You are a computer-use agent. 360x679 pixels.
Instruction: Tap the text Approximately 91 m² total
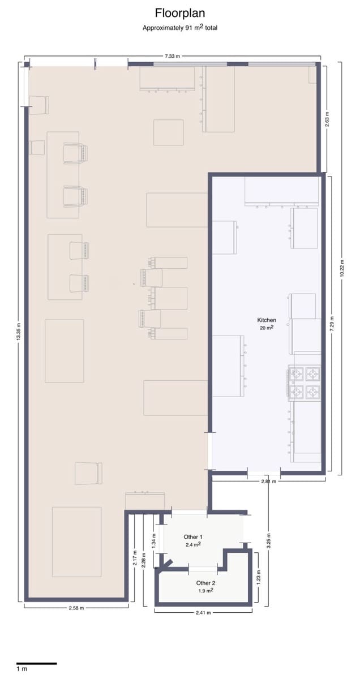pyautogui.click(x=179, y=27)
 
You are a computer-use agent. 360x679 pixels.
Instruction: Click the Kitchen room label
pyautogui.click(x=266, y=320)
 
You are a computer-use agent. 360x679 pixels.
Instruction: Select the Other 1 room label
pyautogui.click(x=193, y=536)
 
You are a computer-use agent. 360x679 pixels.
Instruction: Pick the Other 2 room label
pyautogui.click(x=205, y=583)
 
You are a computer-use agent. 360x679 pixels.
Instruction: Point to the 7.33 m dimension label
pyautogui.click(x=173, y=57)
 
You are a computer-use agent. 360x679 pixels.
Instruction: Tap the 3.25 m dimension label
pyautogui.click(x=268, y=541)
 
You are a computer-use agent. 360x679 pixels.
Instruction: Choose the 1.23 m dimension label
pyautogui.click(x=259, y=578)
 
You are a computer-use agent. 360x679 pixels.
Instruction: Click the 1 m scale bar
pyautogui.click(x=36, y=663)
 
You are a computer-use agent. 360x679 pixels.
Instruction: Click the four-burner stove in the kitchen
pyautogui.click(x=305, y=383)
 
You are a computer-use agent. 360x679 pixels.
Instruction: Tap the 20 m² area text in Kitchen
pyautogui.click(x=266, y=328)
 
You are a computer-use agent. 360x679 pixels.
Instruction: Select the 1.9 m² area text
pyautogui.click(x=205, y=591)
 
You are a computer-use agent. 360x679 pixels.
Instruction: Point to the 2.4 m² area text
pyautogui.click(x=193, y=544)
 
